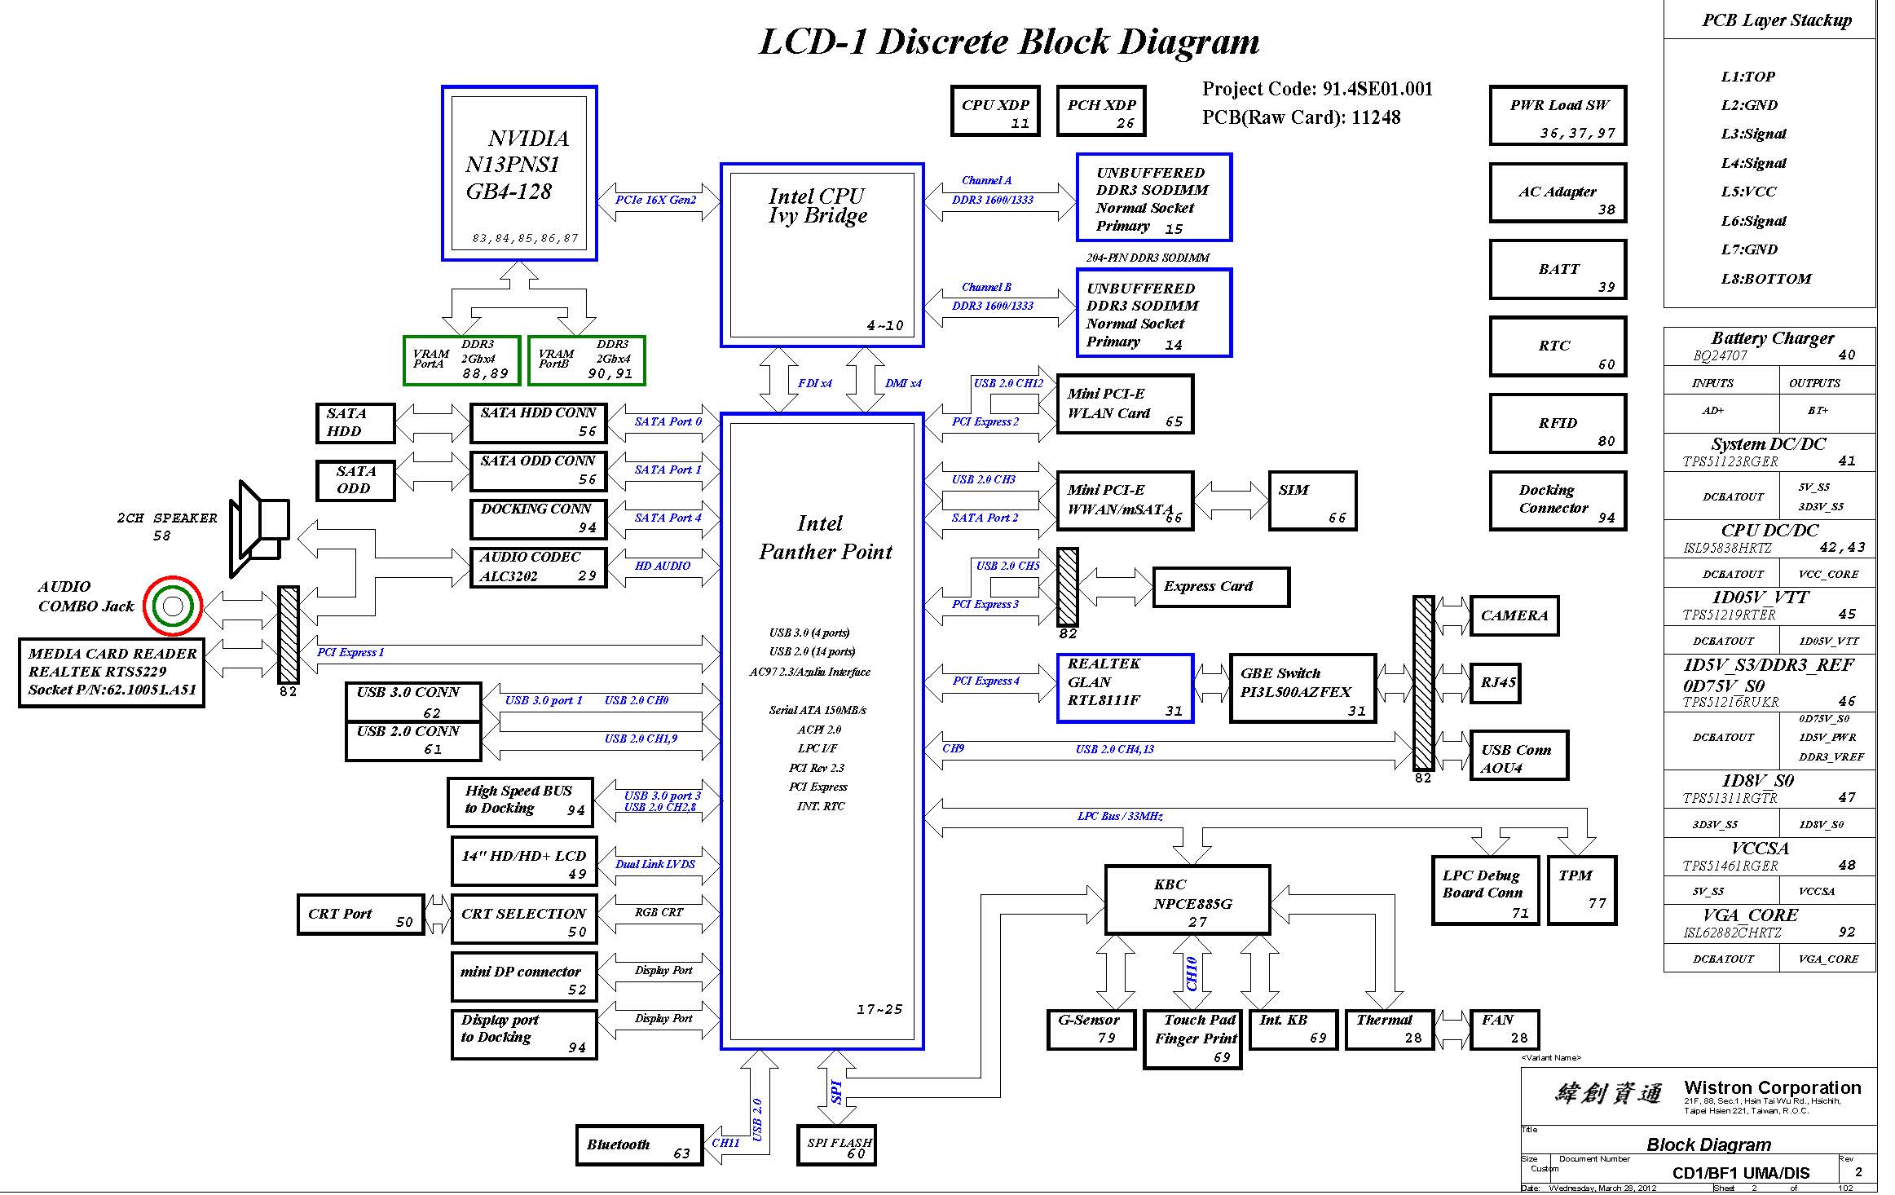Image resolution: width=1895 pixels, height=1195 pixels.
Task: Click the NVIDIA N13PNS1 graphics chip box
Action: (519, 173)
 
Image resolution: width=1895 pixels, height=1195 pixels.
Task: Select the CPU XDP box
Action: (994, 112)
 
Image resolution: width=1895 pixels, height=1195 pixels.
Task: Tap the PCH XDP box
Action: (1101, 112)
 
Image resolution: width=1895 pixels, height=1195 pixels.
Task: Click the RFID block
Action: (1558, 423)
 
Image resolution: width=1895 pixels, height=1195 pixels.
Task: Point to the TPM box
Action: (1581, 889)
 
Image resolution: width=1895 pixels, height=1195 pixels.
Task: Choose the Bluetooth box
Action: (639, 1145)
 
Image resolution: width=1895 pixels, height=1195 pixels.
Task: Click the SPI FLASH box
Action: (836, 1145)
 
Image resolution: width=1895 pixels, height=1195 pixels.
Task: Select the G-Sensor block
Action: (1091, 1029)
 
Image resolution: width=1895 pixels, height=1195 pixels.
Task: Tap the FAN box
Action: (1504, 1029)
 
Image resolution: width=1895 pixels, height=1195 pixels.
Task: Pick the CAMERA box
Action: (1514, 615)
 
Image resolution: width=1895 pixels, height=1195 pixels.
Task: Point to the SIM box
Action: (1312, 500)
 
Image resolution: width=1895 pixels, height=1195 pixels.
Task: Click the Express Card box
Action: (1220, 587)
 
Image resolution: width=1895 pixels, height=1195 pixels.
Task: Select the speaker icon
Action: (259, 528)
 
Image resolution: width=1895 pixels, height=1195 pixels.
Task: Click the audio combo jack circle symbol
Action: (172, 606)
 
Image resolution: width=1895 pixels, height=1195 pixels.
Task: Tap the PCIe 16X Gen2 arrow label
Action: (656, 200)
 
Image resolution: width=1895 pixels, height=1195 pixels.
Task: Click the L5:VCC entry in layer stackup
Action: (1748, 192)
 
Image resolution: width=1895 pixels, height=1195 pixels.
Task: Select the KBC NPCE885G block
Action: (1187, 900)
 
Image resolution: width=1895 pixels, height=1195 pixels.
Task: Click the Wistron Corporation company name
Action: (1772, 1087)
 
